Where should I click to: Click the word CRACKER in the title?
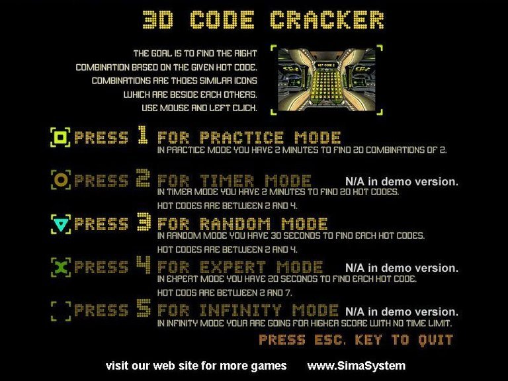pyautogui.click(x=327, y=20)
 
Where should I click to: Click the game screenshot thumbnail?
pyautogui.click(x=327, y=79)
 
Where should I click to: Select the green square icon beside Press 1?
pyautogui.click(x=61, y=138)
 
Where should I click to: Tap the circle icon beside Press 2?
pyautogui.click(x=61, y=180)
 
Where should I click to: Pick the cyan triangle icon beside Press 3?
pyautogui.click(x=61, y=224)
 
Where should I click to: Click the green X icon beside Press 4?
pyautogui.click(x=61, y=267)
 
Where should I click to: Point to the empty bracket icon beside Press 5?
pyautogui.click(x=61, y=311)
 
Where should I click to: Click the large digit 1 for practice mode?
pyautogui.click(x=143, y=135)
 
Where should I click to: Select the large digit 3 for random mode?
pyautogui.click(x=144, y=222)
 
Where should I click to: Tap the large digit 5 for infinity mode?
pyautogui.click(x=144, y=308)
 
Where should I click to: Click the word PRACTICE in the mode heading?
pyautogui.click(x=241, y=138)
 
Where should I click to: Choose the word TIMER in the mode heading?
pyautogui.click(x=227, y=181)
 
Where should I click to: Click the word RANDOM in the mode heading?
pyautogui.click(x=235, y=224)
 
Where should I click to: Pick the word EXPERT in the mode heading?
pyautogui.click(x=233, y=267)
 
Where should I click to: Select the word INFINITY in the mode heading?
pyautogui.click(x=240, y=310)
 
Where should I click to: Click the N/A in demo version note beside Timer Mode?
pyautogui.click(x=402, y=181)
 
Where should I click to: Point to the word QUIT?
pyautogui.click(x=435, y=340)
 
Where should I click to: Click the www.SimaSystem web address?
pyautogui.click(x=357, y=366)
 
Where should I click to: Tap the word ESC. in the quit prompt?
pyautogui.click(x=330, y=339)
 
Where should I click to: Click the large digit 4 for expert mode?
pyautogui.click(x=144, y=265)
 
